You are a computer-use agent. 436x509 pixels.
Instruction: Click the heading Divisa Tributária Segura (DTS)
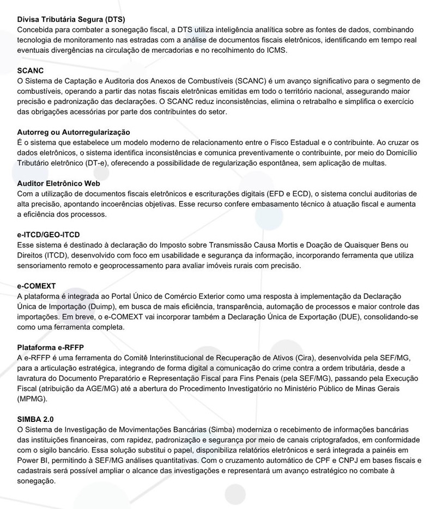[71, 19]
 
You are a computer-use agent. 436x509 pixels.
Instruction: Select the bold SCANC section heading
[31, 71]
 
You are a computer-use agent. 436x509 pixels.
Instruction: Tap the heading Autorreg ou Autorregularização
[74, 132]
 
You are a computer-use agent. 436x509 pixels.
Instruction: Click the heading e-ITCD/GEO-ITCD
[49, 235]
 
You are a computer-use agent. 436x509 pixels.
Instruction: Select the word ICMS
[276, 50]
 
